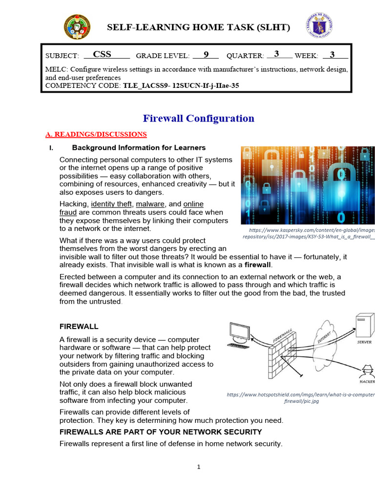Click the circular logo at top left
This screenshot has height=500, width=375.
(77, 27)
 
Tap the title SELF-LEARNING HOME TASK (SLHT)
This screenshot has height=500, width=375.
(198, 27)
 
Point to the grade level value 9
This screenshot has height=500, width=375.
(206, 55)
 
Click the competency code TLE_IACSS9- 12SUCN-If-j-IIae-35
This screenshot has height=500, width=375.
(181, 86)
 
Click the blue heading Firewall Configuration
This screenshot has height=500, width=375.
(198, 118)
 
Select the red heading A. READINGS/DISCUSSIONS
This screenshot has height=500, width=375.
(96, 134)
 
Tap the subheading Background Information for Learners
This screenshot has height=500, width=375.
(139, 147)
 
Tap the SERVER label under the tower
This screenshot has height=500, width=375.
(364, 342)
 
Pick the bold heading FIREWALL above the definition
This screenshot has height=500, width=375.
(79, 326)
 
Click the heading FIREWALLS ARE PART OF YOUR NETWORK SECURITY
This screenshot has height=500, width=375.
(161, 432)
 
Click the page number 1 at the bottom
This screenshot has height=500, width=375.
(199, 467)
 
